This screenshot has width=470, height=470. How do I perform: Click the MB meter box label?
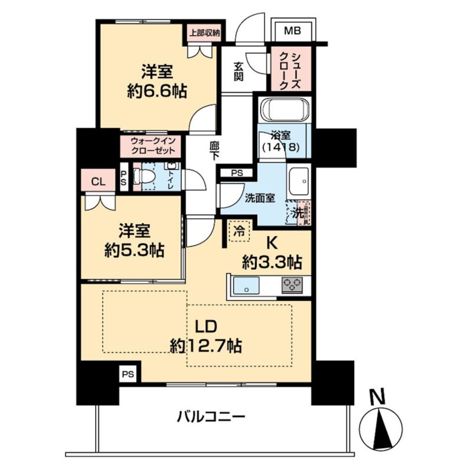293,31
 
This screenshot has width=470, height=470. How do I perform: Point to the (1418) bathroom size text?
281,147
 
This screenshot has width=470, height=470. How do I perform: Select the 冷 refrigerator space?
239,231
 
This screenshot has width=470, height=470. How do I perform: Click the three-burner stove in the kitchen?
292,284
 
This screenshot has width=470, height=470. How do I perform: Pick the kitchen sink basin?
246,285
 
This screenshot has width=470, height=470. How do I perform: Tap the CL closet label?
98,182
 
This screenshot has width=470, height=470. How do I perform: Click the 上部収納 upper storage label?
205,33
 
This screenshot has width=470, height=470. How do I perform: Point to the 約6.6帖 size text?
157,91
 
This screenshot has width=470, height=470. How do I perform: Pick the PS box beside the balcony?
128,374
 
